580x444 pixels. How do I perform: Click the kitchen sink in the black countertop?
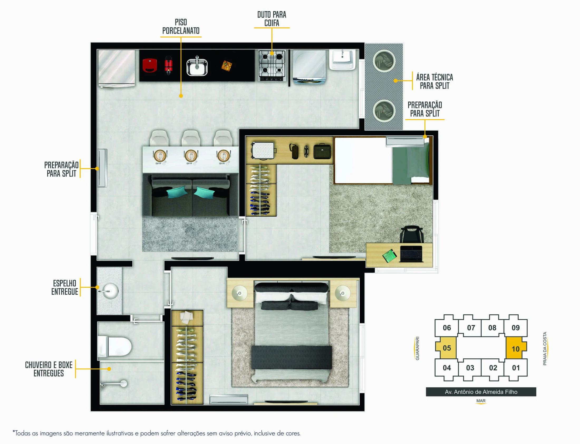197,67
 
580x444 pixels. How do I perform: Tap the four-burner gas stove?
272,65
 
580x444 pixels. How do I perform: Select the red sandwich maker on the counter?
150,65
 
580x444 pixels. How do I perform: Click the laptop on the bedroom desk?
411,254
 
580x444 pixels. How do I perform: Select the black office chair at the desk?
412,234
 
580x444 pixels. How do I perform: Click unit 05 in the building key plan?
447,348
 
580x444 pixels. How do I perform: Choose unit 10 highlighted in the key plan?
516,348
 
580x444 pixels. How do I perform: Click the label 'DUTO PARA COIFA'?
272,19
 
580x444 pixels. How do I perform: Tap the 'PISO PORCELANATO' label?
181,26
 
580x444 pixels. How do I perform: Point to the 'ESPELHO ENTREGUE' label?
65,287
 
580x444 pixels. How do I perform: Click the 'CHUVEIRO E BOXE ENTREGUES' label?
49,369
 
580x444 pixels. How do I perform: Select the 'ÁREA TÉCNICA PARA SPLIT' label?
434,81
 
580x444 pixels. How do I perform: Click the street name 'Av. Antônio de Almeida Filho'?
481,392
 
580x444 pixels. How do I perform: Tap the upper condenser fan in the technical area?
384,61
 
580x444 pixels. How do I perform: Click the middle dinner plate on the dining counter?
191,156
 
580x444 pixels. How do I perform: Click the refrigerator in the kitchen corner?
117,69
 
